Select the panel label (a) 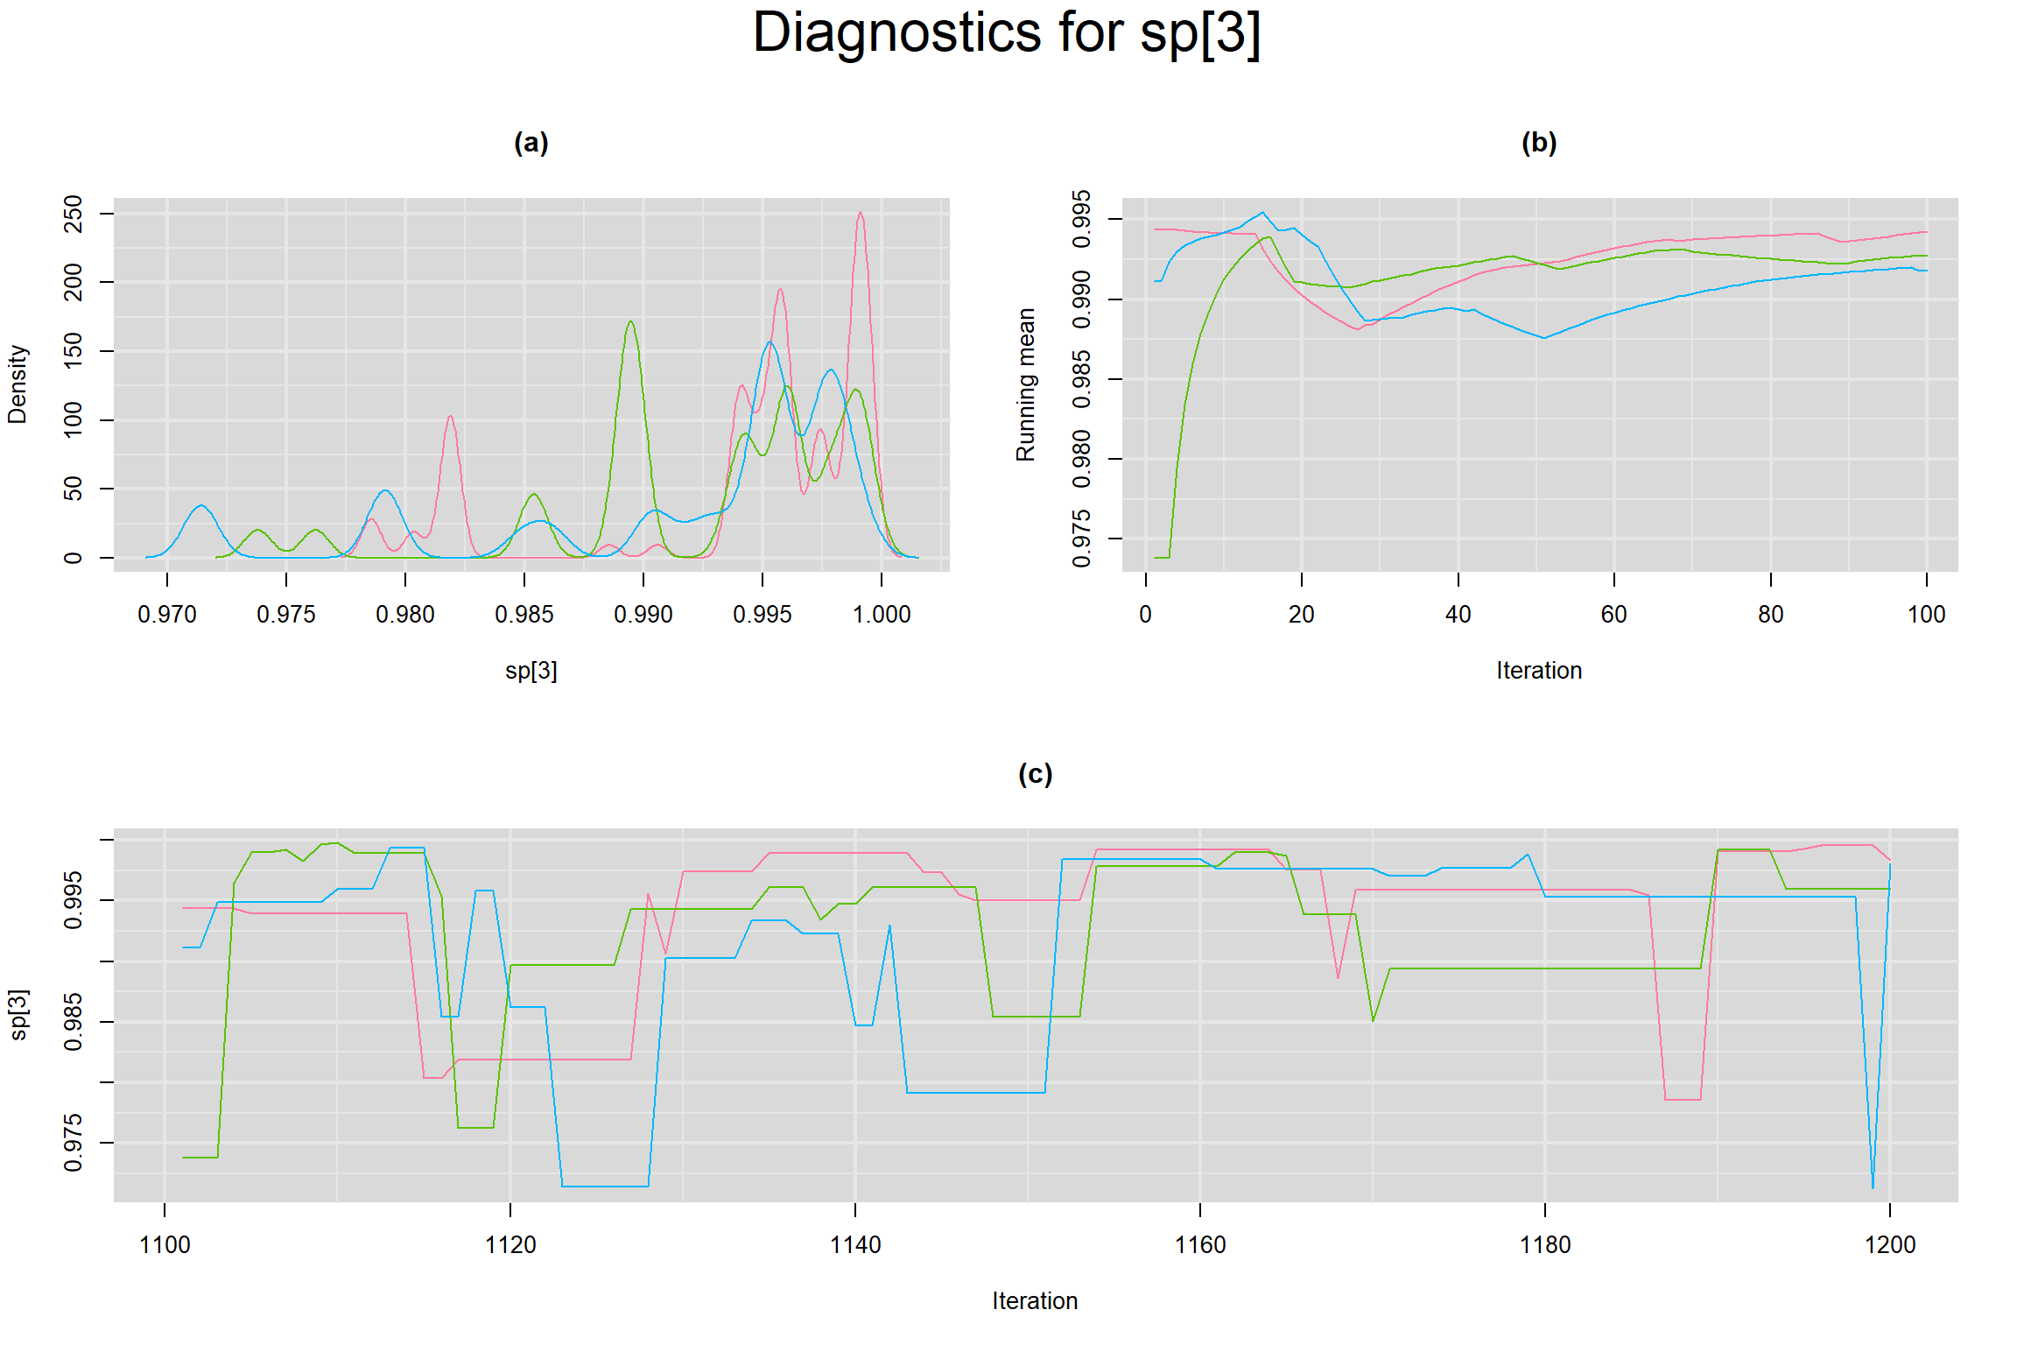(531, 143)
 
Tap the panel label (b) (1538, 143)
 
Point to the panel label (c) (1035, 774)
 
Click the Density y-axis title (18, 384)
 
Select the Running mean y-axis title (1025, 384)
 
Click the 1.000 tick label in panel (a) (882, 615)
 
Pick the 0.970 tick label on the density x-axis (166, 615)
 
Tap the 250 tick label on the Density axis (74, 214)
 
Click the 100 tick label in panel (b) (1926, 615)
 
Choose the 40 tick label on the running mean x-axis (1458, 615)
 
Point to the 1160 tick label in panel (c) (1199, 1245)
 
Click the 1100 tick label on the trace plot (165, 1245)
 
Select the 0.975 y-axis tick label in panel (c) (74, 1143)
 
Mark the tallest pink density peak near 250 (861, 213)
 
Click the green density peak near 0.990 (630, 322)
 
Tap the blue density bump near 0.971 (201, 506)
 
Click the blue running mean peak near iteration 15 (1262, 213)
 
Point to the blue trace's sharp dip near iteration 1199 (1873, 1187)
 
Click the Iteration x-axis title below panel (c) (1035, 1301)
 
